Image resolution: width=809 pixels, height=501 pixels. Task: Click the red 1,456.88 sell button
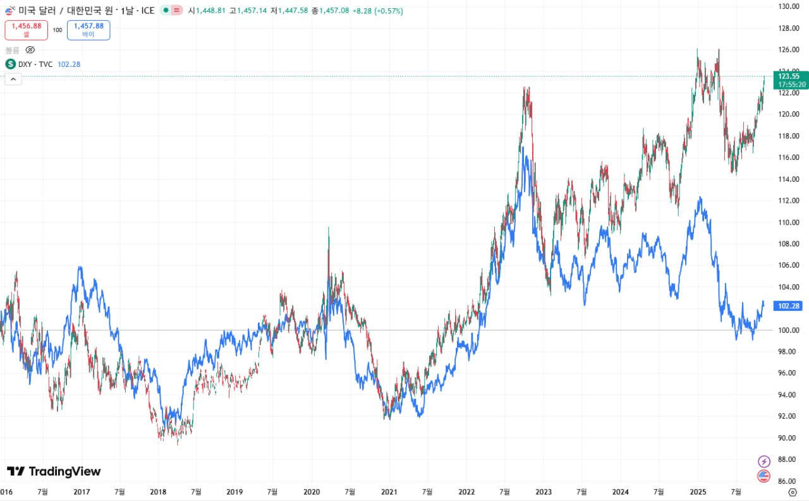(x=26, y=30)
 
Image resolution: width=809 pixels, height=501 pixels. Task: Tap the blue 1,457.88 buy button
(x=88, y=30)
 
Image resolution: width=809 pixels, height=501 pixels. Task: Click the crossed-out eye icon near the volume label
(x=30, y=49)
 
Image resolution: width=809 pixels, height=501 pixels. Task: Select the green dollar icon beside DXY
(x=11, y=64)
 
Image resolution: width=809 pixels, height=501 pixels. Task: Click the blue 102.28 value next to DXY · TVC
(x=68, y=64)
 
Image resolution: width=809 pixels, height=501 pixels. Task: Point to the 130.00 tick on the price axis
(x=790, y=6)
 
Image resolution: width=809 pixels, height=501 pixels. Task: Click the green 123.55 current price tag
(x=791, y=80)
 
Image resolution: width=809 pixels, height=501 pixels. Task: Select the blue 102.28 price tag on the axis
(x=789, y=306)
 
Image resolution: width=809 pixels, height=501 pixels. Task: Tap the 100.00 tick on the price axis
(x=790, y=330)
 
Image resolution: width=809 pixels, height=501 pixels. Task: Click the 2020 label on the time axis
(x=312, y=492)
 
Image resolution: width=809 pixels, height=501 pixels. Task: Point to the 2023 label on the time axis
(x=544, y=492)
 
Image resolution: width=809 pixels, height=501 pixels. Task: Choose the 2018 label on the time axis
(x=157, y=492)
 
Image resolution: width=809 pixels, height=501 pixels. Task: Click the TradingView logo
(x=54, y=471)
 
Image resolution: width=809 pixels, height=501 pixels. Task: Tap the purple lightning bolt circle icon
(x=764, y=461)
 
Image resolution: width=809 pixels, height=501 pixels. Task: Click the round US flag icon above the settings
(x=764, y=476)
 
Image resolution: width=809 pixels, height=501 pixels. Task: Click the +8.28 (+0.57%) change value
(x=381, y=11)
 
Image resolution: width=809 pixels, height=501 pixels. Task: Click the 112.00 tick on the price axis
(x=790, y=200)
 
